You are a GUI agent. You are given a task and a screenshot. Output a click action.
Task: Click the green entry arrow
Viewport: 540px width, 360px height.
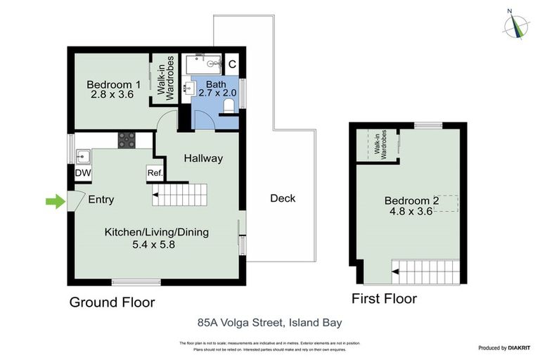(55, 202)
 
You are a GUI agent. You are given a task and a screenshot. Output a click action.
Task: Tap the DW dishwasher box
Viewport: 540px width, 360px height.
(82, 172)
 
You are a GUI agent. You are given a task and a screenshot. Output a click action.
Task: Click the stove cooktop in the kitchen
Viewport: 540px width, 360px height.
(127, 141)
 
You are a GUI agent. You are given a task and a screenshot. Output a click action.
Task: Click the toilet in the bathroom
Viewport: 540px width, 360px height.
(228, 105)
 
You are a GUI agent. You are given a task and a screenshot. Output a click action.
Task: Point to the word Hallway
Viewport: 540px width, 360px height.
(203, 158)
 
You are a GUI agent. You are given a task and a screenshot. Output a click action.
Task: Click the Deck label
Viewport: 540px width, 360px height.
(283, 198)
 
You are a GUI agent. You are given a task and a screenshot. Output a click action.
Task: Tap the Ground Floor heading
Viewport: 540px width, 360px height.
(111, 303)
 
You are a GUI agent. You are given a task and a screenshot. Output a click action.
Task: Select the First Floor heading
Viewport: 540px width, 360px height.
(384, 299)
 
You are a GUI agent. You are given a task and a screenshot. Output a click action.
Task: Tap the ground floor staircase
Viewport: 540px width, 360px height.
(181, 193)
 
